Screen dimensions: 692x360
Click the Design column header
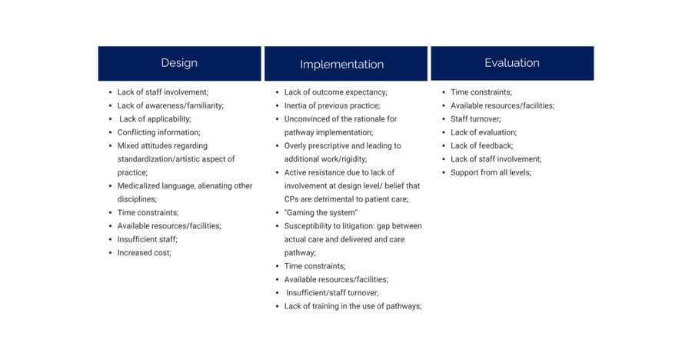(x=180, y=63)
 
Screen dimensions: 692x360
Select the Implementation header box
(x=346, y=64)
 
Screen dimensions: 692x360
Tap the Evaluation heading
(x=512, y=63)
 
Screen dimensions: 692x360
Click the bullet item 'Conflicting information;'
(x=159, y=132)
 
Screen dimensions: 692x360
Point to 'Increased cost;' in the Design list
(x=145, y=252)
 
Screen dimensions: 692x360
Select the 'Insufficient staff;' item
(x=148, y=239)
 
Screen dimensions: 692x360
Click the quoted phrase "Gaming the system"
(x=321, y=212)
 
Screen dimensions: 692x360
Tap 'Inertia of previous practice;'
(x=332, y=105)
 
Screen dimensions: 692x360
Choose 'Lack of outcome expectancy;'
(x=336, y=92)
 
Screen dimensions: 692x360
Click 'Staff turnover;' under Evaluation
(x=476, y=118)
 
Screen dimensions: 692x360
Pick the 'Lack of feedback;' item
(x=482, y=145)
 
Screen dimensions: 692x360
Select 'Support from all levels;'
(x=491, y=173)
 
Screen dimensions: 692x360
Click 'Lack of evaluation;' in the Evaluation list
(x=484, y=132)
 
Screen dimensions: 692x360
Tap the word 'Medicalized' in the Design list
(x=138, y=186)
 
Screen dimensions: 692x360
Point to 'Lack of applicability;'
(x=155, y=118)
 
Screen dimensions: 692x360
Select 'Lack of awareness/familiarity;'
(x=171, y=105)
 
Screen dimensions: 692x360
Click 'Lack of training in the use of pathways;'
(x=353, y=306)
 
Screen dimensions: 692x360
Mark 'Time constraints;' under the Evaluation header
(x=481, y=92)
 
